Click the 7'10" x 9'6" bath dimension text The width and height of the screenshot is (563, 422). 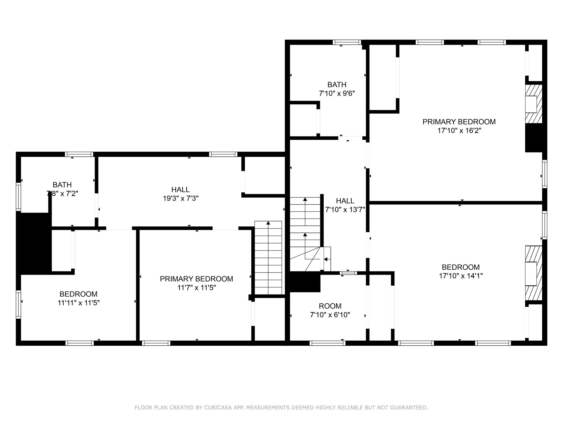(x=337, y=93)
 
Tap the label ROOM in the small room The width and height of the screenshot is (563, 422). (x=330, y=306)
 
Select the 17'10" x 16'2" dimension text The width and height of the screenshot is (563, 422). (x=459, y=131)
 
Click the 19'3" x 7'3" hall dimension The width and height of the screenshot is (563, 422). (x=181, y=198)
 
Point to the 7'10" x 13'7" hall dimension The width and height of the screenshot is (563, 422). (x=345, y=210)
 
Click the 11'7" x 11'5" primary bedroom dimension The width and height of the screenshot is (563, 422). (x=197, y=288)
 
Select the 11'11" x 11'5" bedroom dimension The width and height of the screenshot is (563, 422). (x=78, y=303)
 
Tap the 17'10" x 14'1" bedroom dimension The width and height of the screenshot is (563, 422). (x=461, y=276)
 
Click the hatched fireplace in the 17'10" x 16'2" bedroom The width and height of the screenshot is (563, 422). (x=534, y=104)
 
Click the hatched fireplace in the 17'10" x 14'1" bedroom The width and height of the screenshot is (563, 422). (x=534, y=273)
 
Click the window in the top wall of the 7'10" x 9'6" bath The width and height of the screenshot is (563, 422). (x=347, y=42)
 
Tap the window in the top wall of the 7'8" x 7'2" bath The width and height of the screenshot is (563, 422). (x=79, y=154)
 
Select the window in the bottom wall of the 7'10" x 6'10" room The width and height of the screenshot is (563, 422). (x=327, y=343)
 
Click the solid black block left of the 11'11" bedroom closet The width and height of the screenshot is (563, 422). (x=34, y=243)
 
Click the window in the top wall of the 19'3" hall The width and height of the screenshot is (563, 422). (x=223, y=154)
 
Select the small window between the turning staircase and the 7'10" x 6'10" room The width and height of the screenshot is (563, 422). (x=348, y=273)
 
